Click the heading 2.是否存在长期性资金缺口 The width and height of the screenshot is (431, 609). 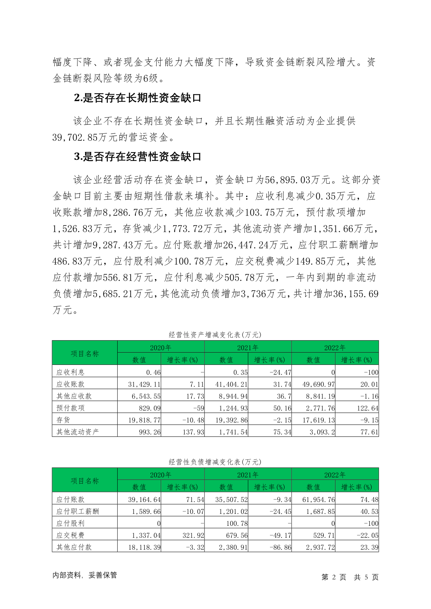[x=138, y=98]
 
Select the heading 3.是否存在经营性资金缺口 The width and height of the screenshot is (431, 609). [x=138, y=157]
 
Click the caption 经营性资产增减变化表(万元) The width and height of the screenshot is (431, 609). [x=215, y=335]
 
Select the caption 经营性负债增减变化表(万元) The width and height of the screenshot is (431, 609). [x=215, y=462]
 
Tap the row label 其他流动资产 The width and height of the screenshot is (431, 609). [x=77, y=432]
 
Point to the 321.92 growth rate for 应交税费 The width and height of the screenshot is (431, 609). [x=193, y=535]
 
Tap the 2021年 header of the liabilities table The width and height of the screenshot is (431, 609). [x=248, y=475]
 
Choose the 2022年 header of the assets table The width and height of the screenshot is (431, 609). [x=335, y=348]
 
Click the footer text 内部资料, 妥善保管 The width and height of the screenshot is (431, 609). [x=85, y=575]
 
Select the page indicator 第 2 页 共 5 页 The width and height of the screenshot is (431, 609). [x=350, y=577]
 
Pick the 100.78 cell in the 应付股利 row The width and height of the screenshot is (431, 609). [x=237, y=523]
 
